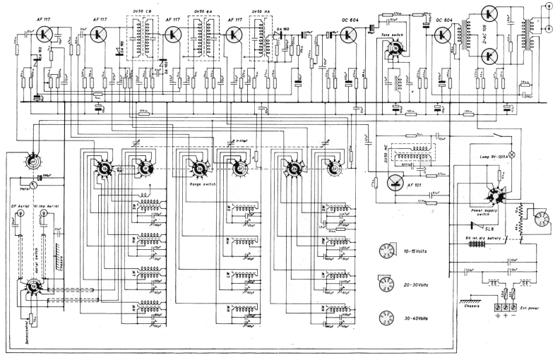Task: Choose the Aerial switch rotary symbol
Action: (x=33, y=286)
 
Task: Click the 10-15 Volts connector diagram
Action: (x=386, y=251)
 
